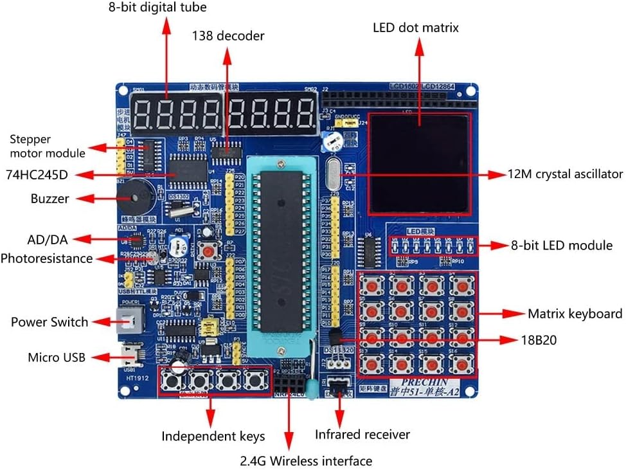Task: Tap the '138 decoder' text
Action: tap(228, 36)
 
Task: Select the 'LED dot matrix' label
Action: tap(416, 28)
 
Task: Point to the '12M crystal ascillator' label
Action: tap(565, 174)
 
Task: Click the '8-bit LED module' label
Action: tap(561, 245)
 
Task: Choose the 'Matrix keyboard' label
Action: tap(575, 314)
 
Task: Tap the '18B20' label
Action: tap(539, 339)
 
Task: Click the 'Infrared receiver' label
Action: tap(362, 435)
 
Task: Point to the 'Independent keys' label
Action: tap(213, 437)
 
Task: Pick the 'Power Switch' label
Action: tap(49, 321)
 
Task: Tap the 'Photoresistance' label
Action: tap(46, 258)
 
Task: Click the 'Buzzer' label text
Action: tap(49, 198)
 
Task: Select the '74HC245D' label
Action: tap(37, 174)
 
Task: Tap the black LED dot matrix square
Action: tap(418, 165)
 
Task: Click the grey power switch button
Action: tap(127, 320)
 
